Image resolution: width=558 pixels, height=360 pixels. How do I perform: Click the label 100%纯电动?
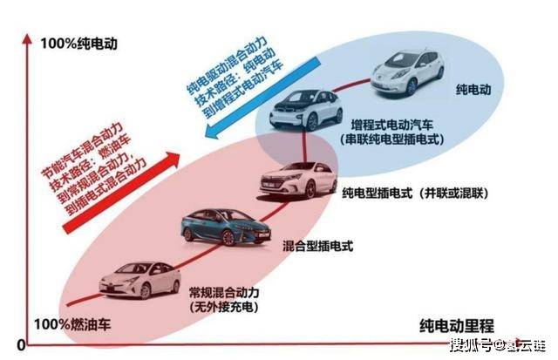[x=78, y=44]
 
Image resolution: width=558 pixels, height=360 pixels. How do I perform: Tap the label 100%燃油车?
[x=72, y=324]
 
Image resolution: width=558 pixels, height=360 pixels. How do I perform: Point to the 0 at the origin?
[x=22, y=344]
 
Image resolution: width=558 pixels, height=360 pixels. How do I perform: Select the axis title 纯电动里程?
[x=457, y=326]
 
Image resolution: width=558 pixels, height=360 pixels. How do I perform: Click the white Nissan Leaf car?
[x=407, y=71]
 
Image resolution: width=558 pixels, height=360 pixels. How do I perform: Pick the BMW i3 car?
[x=306, y=111]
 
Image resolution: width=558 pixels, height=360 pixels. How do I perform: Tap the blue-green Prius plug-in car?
[x=226, y=227]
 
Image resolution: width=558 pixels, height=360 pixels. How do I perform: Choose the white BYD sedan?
[x=298, y=180]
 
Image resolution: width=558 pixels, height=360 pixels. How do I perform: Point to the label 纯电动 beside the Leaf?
[x=473, y=90]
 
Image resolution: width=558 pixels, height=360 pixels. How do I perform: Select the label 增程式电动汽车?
[x=392, y=125]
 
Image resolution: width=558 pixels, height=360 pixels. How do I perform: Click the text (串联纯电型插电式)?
[x=392, y=139]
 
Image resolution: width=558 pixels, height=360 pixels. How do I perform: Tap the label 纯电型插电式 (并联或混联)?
[x=415, y=194]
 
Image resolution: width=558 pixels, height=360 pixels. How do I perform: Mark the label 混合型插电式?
[x=317, y=246]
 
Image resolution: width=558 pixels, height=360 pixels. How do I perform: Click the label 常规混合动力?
[x=224, y=293]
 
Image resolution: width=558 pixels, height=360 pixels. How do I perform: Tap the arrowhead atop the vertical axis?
[x=27, y=39]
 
